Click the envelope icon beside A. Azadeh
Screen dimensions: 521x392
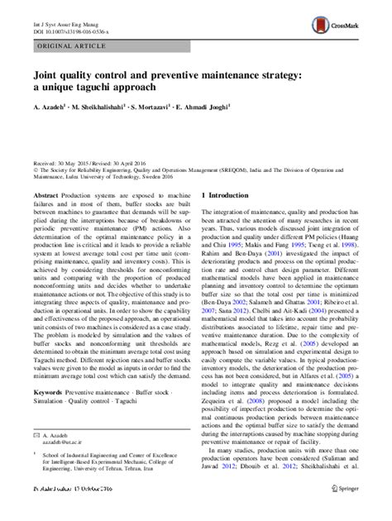click(x=35, y=456)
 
